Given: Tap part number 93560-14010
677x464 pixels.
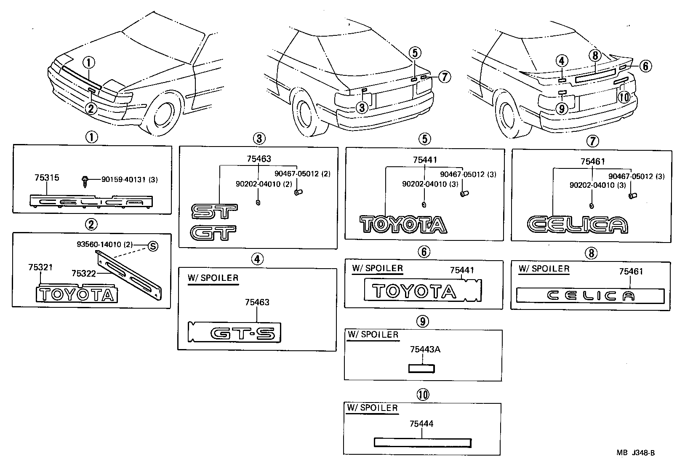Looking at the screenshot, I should point(99,245).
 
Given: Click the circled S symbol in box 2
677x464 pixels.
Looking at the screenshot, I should point(153,246).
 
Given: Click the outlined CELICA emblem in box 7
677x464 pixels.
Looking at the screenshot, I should point(577,225).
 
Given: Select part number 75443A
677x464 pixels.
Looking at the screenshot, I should point(425,349).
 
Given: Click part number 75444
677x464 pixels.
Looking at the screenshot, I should point(421,424).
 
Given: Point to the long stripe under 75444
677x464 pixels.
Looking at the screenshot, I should point(422,443).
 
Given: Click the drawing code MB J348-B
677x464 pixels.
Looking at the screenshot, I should point(636,453).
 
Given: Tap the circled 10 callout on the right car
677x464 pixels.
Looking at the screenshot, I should point(624,97).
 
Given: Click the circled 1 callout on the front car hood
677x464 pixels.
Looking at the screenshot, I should point(89,63).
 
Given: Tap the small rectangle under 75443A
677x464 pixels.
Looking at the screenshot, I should point(421,369).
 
